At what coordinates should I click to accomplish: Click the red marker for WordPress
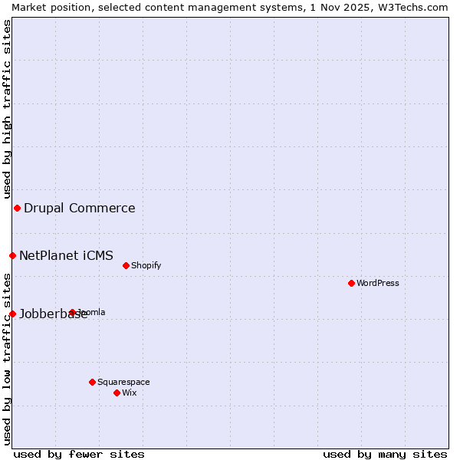coord(351,283)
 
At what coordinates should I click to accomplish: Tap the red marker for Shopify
coord(126,265)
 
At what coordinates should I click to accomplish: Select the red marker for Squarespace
coord(92,382)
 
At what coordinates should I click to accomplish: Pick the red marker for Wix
coord(117,393)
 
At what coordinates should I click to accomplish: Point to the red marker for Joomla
coord(72,312)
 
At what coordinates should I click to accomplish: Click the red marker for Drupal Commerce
coord(17,208)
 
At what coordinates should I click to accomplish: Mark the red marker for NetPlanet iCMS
coord(12,255)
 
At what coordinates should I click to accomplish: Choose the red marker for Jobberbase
coord(12,314)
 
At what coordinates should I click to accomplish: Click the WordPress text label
coord(378,283)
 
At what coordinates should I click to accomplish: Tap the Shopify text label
coord(146,265)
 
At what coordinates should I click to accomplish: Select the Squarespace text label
coord(123,382)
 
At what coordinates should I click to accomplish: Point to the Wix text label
coord(129,393)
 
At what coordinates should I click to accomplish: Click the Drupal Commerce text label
coord(80,208)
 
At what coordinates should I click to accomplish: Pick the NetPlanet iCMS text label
coord(66,255)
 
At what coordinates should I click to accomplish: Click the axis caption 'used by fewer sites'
coord(79,454)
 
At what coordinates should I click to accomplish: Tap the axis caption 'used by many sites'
coord(385,454)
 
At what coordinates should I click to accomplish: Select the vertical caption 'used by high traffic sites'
coord(7,110)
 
